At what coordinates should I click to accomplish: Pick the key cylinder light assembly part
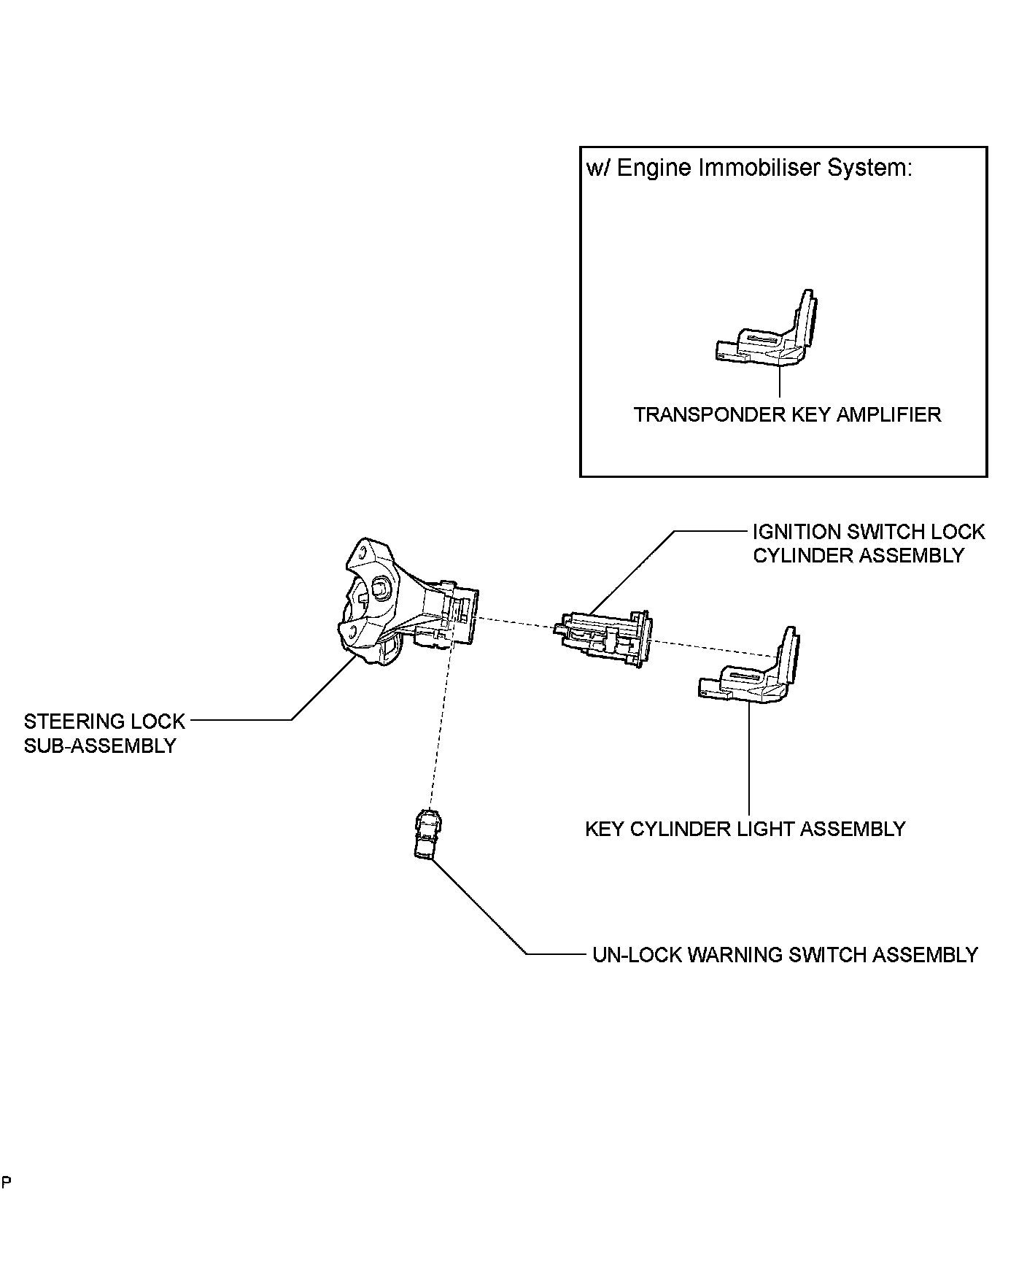pyautogui.click(x=751, y=671)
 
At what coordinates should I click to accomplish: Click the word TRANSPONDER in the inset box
pyautogui.click(x=709, y=415)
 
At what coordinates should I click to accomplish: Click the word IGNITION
pyautogui.click(x=792, y=532)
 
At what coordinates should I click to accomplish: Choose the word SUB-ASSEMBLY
pyautogui.click(x=100, y=746)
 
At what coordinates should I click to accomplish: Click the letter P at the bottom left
pyautogui.click(x=6, y=1183)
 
